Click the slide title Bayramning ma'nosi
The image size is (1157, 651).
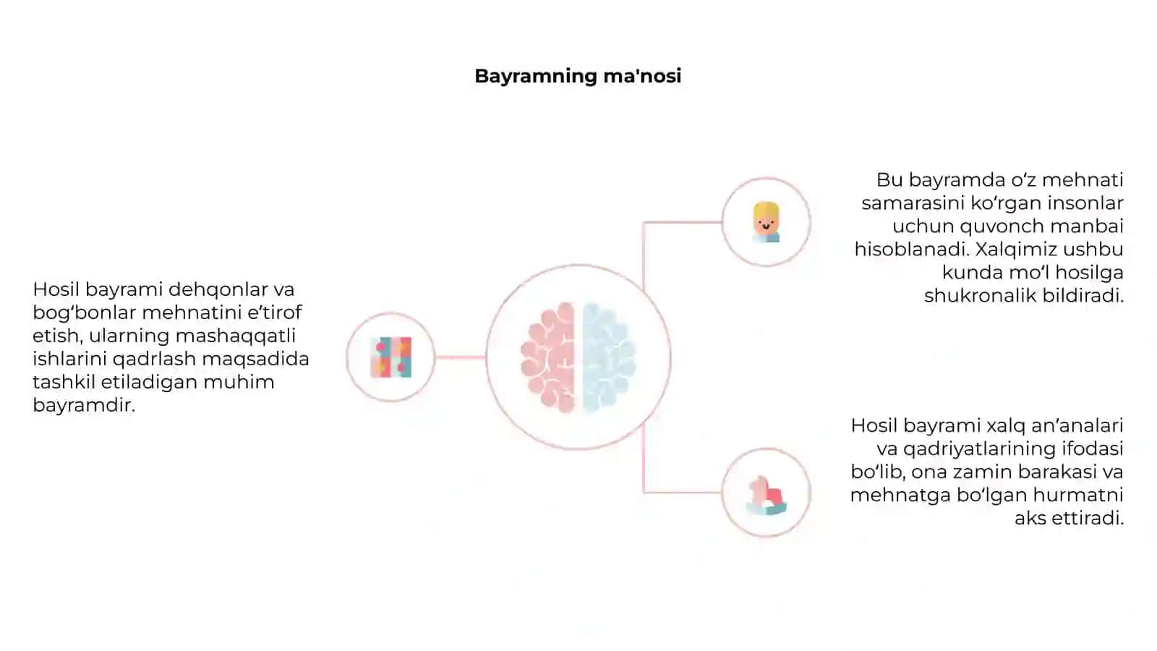click(x=578, y=77)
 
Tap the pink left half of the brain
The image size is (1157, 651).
click(x=549, y=357)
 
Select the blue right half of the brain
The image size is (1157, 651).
click(x=608, y=357)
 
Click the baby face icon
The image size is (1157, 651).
click(x=766, y=222)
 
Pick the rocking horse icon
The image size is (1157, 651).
click(x=766, y=495)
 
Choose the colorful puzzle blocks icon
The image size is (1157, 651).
click(x=391, y=357)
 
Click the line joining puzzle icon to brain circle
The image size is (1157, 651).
click(x=460, y=357)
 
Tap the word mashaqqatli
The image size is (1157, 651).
click(x=236, y=336)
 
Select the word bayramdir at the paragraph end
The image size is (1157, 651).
click(x=84, y=405)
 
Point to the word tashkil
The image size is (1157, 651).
click(x=64, y=383)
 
